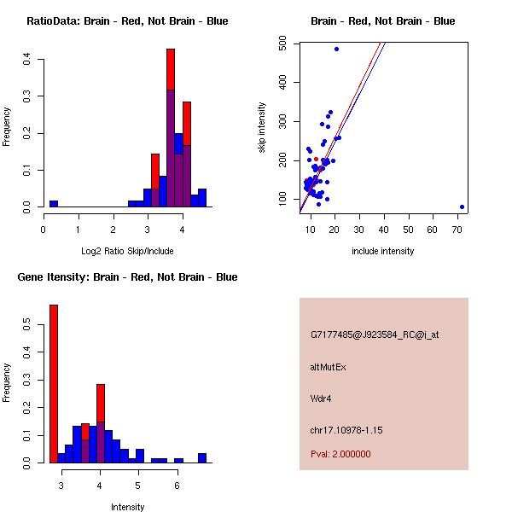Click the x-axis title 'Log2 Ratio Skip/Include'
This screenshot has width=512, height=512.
[x=126, y=251]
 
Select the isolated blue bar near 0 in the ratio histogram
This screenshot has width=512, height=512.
[x=54, y=204]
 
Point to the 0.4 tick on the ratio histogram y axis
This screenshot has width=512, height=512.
[x=27, y=59]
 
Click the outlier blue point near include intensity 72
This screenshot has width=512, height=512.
[x=462, y=207]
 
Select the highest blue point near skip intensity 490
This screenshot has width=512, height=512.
[x=336, y=49]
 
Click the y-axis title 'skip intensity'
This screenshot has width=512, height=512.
[x=262, y=128]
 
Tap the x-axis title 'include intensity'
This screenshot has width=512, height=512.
[x=382, y=251]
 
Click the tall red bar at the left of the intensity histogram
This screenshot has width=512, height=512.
[x=54, y=384]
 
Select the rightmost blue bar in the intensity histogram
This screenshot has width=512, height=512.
[x=202, y=458]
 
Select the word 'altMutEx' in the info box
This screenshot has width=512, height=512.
[x=328, y=367]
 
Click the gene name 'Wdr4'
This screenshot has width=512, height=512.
[x=320, y=399]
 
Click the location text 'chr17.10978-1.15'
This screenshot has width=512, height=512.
[x=346, y=430]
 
